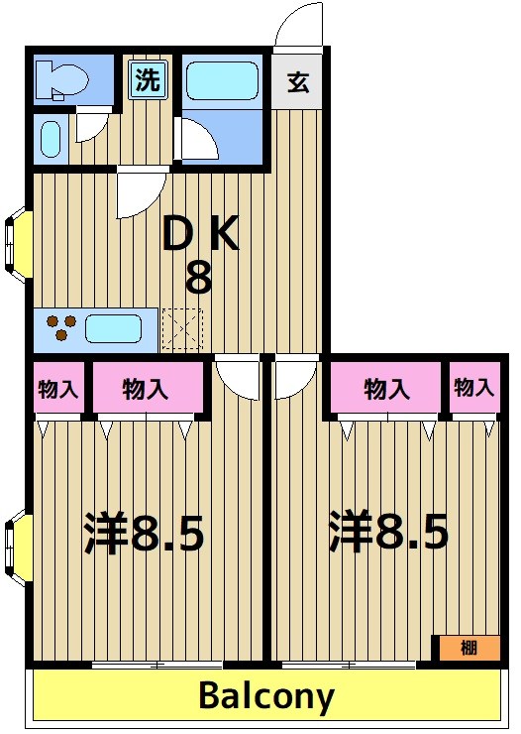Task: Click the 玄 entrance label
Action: click(298, 82)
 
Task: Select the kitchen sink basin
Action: click(115, 327)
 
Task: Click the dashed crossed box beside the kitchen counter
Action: click(181, 328)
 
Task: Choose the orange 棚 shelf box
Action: click(469, 648)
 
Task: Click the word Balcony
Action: click(265, 696)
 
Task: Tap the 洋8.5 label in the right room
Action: click(389, 534)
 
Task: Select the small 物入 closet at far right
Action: click(473, 388)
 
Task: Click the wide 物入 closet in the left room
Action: click(146, 389)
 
